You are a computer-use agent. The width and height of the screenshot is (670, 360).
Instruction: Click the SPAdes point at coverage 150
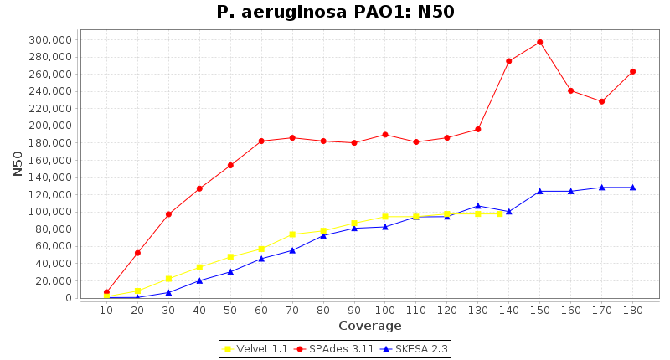pyautogui.click(x=539, y=42)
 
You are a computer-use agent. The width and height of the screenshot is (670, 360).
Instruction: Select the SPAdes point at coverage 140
pyautogui.click(x=508, y=61)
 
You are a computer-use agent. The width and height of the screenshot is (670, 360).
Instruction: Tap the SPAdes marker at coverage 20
pyautogui.click(x=137, y=253)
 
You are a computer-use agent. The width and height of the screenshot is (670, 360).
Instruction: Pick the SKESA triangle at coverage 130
pyautogui.click(x=477, y=206)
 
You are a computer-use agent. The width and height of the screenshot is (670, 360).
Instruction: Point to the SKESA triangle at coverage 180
pyautogui.click(x=632, y=188)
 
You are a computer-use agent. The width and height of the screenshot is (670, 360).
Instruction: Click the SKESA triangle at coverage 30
pyautogui.click(x=168, y=292)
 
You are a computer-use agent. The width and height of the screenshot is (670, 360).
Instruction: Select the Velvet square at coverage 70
pyautogui.click(x=292, y=234)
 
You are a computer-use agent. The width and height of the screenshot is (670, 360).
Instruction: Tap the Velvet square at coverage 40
pyautogui.click(x=199, y=267)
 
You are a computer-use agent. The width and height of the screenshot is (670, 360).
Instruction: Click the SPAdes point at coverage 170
pyautogui.click(x=601, y=101)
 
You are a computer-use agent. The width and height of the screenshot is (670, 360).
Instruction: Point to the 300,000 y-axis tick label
pyautogui.click(x=49, y=39)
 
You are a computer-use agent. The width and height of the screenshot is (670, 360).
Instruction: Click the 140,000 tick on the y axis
pyautogui.click(x=49, y=177)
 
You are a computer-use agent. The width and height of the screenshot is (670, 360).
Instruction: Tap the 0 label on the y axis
pyautogui.click(x=70, y=298)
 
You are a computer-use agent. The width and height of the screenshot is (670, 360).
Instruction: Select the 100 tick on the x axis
pyautogui.click(x=384, y=311)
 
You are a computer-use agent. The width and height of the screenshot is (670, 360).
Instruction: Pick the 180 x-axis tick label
pyautogui.click(x=632, y=311)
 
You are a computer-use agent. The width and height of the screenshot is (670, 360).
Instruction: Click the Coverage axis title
pyautogui.click(x=369, y=326)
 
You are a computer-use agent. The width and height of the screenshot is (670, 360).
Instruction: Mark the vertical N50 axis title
pyautogui.click(x=18, y=163)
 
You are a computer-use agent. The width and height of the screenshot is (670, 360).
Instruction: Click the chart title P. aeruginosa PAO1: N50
pyautogui.click(x=335, y=12)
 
